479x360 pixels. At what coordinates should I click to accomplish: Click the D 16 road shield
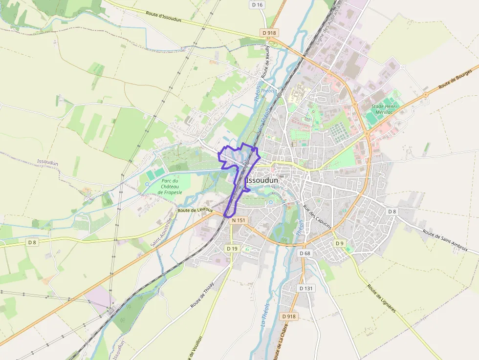tap(257, 5)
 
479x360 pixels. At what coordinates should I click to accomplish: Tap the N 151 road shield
tap(239, 220)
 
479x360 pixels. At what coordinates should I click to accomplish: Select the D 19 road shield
tap(232, 249)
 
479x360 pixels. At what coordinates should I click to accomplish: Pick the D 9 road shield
tap(340, 243)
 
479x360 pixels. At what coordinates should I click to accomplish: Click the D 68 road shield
tap(305, 253)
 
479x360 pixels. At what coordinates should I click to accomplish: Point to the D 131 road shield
tap(305, 288)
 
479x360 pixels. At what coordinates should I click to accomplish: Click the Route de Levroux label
tap(196, 210)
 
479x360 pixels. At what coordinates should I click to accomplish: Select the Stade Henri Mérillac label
tap(385, 109)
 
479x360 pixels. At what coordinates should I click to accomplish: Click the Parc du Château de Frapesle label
tap(170, 187)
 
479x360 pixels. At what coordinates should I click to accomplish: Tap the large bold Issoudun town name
tap(262, 180)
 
